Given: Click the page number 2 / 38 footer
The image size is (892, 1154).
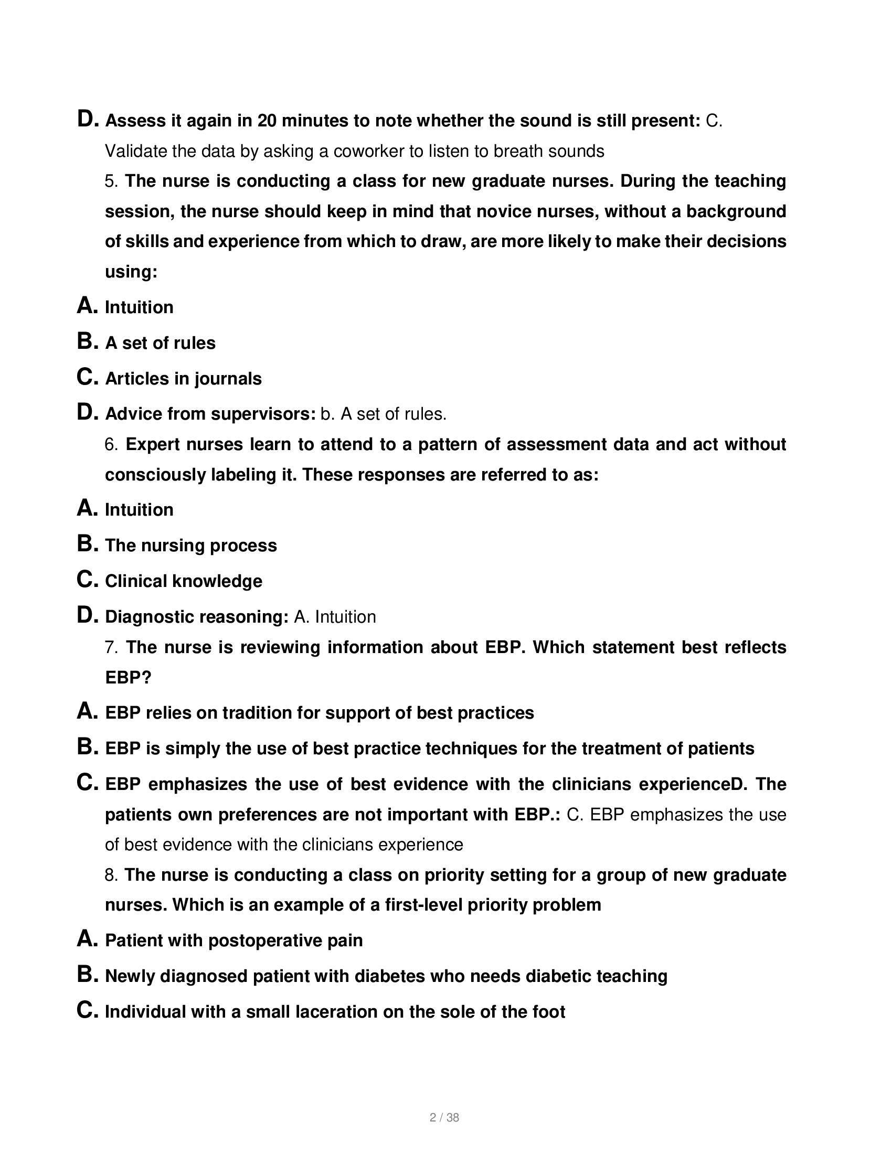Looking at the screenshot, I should pyautogui.click(x=444, y=1117).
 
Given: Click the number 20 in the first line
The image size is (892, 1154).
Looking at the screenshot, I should pyautogui.click(x=267, y=121).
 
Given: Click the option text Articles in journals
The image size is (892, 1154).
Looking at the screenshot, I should pyautogui.click(x=183, y=379).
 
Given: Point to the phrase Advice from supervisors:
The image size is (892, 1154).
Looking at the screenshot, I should pyautogui.click(x=210, y=414).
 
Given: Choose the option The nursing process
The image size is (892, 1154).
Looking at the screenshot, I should pyautogui.click(x=191, y=546).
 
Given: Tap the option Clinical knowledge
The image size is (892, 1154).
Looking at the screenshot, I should pyautogui.click(x=183, y=581).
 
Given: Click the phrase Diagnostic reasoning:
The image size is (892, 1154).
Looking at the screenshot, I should pyautogui.click(x=197, y=617).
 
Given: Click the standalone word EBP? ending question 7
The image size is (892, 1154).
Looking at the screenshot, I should pyautogui.click(x=128, y=678).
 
